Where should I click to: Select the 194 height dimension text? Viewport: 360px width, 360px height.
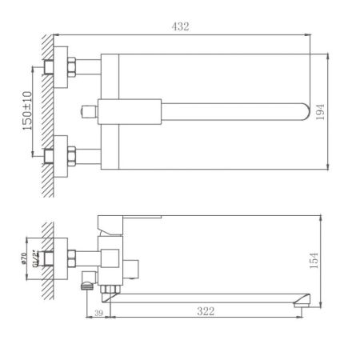tap(321, 112)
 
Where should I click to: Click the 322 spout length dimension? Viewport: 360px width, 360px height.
tap(206, 311)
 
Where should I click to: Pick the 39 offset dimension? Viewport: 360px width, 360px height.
tap(98, 311)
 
